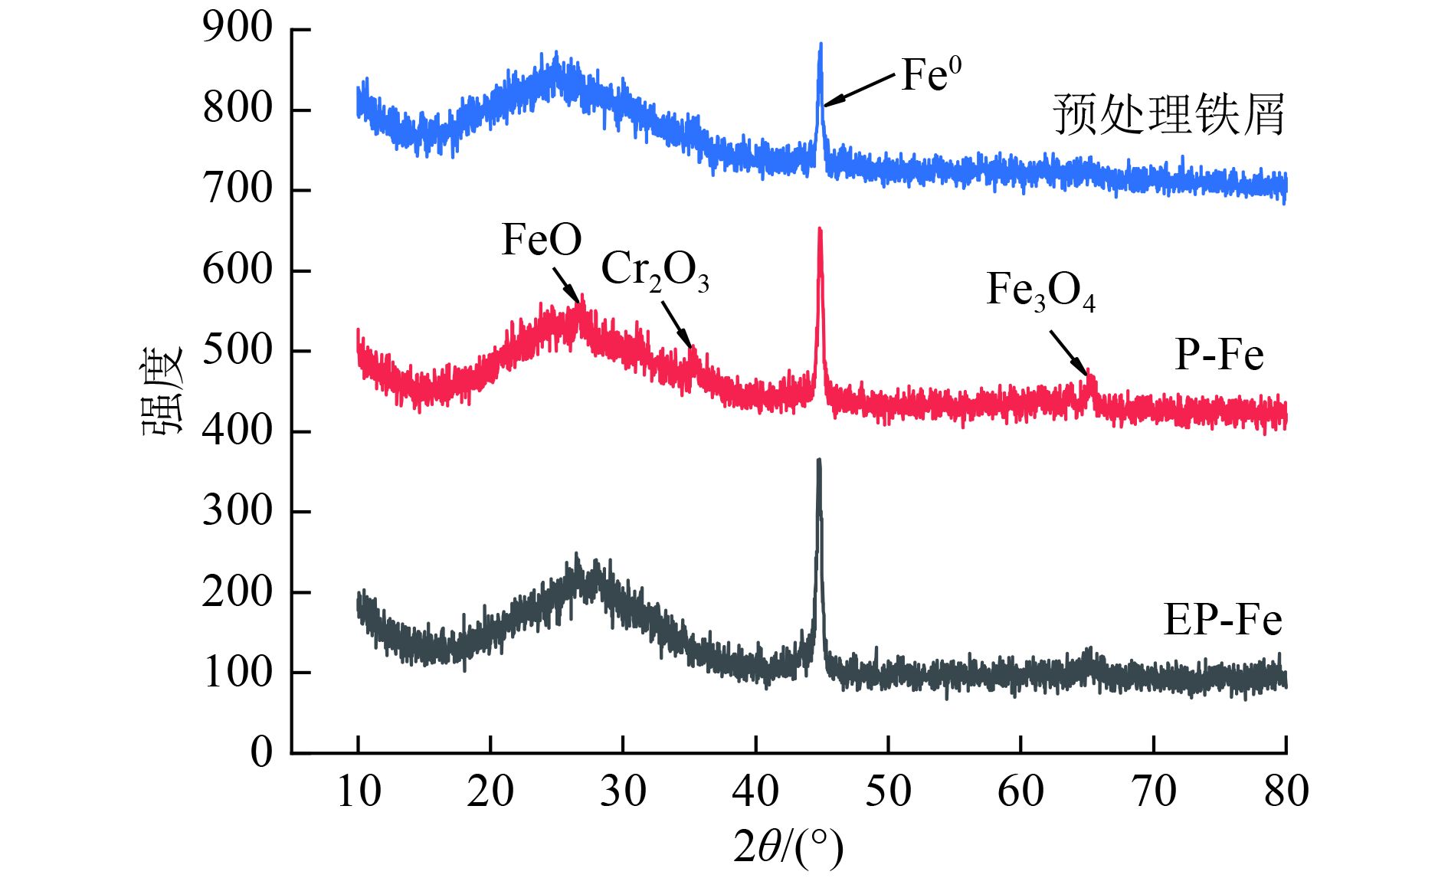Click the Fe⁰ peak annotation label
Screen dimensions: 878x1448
coord(930,75)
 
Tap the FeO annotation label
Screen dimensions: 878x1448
coord(542,240)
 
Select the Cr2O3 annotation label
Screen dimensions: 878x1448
coord(655,270)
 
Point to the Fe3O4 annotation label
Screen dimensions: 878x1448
coord(1040,291)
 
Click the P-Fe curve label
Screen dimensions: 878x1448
coord(1219,355)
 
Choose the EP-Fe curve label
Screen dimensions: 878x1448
coord(1223,620)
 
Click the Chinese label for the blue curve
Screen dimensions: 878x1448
coord(1168,115)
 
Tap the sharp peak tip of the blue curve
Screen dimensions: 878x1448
coord(821,45)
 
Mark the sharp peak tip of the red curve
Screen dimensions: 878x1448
coord(820,229)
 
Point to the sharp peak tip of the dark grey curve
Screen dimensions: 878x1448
coord(819,460)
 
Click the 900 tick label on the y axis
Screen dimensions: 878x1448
coord(238,28)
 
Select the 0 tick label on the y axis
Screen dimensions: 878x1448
coord(261,752)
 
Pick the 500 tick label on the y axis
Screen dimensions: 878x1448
coord(238,350)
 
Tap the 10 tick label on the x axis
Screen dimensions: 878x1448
coord(359,791)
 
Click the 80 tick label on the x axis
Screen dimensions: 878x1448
coord(1286,791)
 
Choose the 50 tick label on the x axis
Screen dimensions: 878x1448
coord(888,791)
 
